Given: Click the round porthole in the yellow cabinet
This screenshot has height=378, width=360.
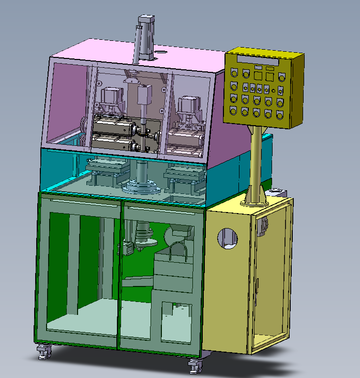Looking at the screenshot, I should (x=226, y=237).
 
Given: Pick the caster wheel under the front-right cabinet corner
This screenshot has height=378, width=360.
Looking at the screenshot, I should (x=194, y=366).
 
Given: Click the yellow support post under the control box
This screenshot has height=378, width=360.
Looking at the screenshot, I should (x=256, y=160).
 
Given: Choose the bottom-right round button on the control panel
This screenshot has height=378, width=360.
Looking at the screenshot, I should (x=280, y=113).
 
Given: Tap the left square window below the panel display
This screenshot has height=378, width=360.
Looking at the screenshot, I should (x=258, y=75).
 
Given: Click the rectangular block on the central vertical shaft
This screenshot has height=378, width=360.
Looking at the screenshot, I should (x=143, y=95).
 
